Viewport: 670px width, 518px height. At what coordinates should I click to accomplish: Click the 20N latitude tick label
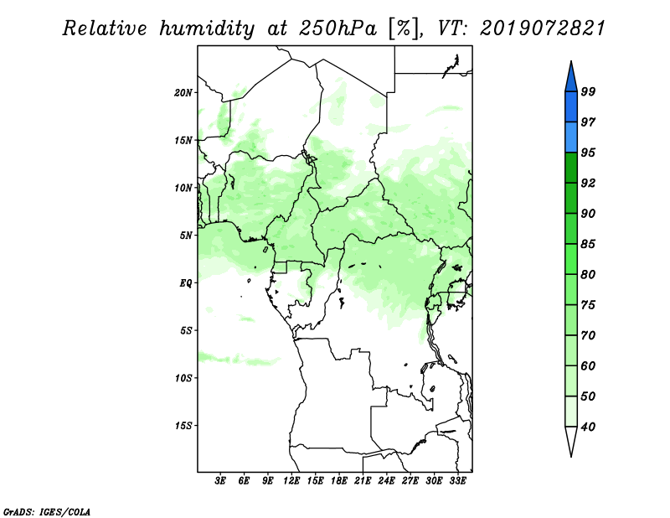tap(183, 93)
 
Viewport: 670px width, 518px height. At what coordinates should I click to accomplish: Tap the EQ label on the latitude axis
tap(186, 283)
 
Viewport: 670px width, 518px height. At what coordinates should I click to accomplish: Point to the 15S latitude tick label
tap(183, 426)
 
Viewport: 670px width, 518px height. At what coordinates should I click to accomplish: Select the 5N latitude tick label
tap(186, 236)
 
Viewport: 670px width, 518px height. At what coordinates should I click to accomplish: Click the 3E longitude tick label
tap(220, 481)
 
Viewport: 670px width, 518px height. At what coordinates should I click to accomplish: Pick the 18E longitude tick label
tap(339, 481)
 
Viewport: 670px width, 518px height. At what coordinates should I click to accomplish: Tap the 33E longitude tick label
tap(457, 481)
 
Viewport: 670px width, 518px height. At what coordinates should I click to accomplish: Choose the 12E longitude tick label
tap(291, 481)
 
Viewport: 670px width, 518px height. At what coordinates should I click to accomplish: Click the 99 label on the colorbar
tap(588, 91)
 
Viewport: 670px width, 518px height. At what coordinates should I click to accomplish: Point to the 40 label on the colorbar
tap(588, 427)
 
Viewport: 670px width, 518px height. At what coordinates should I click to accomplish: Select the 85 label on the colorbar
tap(588, 244)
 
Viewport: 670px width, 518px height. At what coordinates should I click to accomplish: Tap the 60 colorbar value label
tap(588, 366)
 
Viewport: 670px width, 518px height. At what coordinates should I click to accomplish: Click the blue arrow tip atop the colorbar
tap(571, 61)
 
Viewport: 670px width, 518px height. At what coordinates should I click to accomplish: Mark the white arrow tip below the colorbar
tap(571, 457)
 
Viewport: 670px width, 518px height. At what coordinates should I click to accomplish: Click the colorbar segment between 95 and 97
tap(571, 137)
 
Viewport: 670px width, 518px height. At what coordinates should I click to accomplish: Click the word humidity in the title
tap(207, 28)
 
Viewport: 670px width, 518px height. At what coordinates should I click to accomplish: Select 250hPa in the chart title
tap(338, 28)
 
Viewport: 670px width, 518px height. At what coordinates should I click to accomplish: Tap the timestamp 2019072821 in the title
tap(543, 28)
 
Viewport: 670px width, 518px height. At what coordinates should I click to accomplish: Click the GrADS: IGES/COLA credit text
tap(47, 512)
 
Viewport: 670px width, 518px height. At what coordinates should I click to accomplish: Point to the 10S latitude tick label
tap(183, 378)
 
